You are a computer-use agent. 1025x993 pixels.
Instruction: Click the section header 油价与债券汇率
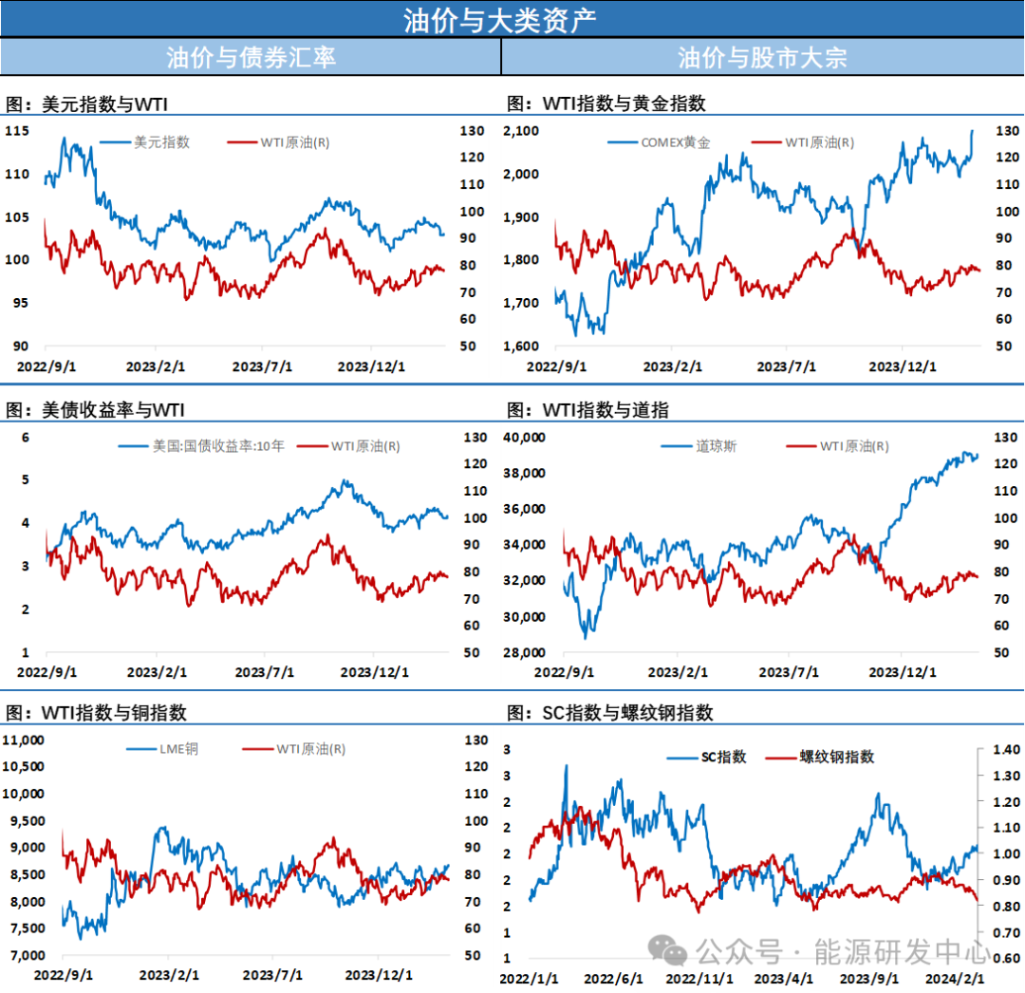[251, 57]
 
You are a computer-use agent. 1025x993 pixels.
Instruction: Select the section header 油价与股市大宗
[762, 57]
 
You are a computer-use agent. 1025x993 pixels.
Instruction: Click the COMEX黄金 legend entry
[675, 142]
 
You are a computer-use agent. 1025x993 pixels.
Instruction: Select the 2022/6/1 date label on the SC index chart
[613, 979]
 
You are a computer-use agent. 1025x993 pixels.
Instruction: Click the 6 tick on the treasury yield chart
[27, 437]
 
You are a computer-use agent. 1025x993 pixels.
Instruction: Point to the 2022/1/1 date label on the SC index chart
[529, 979]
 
